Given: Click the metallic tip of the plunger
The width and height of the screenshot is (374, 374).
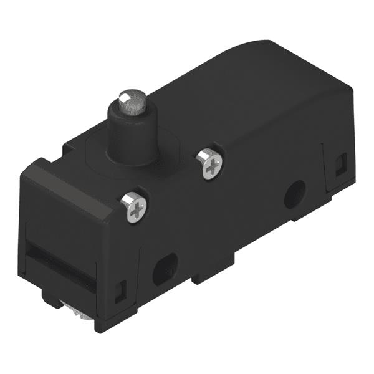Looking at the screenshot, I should click(x=128, y=99).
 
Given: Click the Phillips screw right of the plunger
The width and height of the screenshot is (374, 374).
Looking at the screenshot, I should click(x=211, y=164).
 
